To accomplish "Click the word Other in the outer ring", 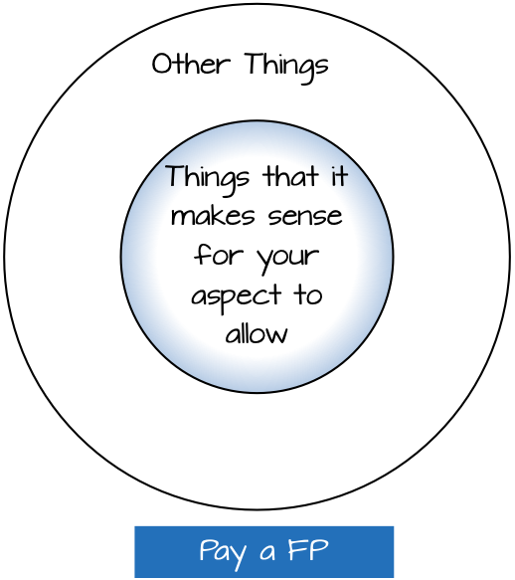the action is pyautogui.click(x=192, y=64).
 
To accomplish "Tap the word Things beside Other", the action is pyautogui.click(x=286, y=68).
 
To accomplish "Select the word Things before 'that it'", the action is pyautogui.click(x=208, y=180).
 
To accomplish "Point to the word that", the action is pyautogui.click(x=290, y=176).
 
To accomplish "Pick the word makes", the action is pyautogui.click(x=213, y=215).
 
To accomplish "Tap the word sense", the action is pyautogui.click(x=305, y=217).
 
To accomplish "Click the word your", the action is pyautogui.click(x=287, y=260).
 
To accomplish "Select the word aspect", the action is pyautogui.click(x=237, y=298).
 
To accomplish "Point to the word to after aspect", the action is pyautogui.click(x=308, y=295).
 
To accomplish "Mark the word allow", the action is pyautogui.click(x=257, y=333).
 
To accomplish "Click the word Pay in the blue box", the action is pyautogui.click(x=223, y=553).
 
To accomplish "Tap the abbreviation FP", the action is pyautogui.click(x=308, y=550).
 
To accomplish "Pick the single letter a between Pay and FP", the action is pyautogui.click(x=267, y=553).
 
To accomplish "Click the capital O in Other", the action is pyautogui.click(x=162, y=64).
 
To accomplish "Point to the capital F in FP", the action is pyautogui.click(x=296, y=550).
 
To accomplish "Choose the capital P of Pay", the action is pyautogui.click(x=207, y=550).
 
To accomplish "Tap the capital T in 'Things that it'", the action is pyautogui.click(x=175, y=176).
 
